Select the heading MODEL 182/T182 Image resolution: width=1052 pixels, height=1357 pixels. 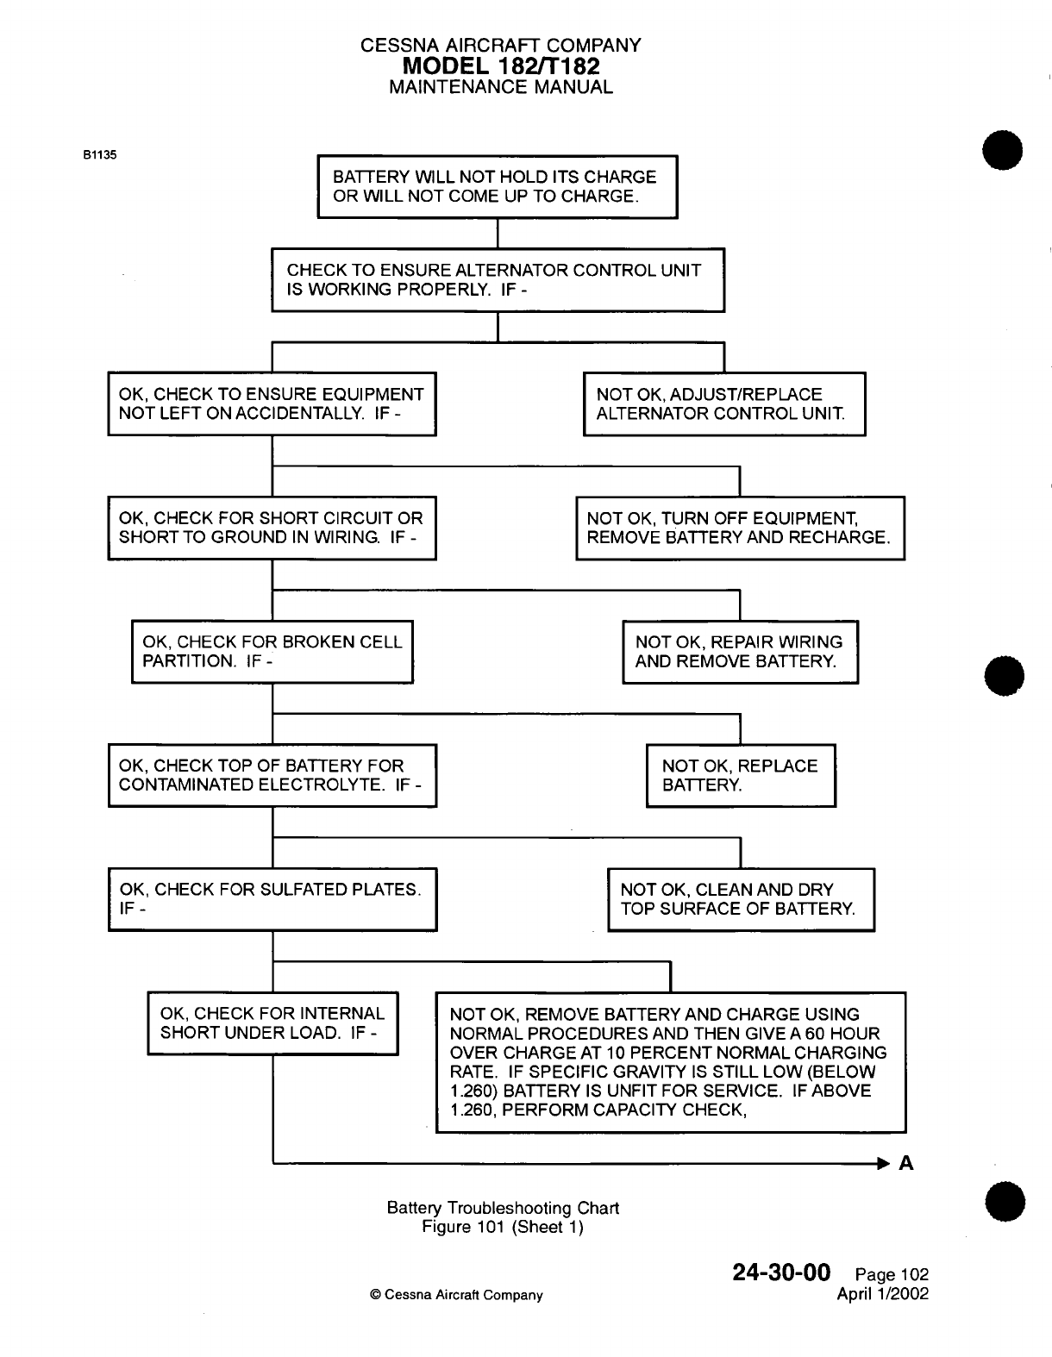[500, 66]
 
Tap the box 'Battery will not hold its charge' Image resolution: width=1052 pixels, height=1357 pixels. [498, 187]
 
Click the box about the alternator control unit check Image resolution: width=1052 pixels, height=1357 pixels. [498, 280]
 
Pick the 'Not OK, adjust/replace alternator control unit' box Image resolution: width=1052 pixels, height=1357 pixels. [724, 404]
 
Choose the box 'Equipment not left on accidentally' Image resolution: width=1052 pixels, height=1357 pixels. [272, 404]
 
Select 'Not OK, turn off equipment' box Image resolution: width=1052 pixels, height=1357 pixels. [740, 528]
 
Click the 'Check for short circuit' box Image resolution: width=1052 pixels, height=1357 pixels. [272, 528]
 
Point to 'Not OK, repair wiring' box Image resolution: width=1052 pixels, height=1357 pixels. [740, 652]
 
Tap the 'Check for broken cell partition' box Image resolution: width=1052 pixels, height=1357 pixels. [272, 652]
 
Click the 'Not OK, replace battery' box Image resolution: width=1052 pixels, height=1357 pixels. [741, 776]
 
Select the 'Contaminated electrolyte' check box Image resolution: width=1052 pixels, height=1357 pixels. [272, 776]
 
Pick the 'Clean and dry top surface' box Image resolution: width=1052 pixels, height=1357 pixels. [741, 899]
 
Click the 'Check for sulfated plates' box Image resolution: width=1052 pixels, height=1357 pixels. [272, 899]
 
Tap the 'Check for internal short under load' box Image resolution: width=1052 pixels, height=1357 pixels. [272, 1023]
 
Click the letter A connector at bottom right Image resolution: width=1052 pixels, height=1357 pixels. [906, 1164]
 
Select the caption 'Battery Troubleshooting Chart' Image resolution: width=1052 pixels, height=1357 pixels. [503, 1208]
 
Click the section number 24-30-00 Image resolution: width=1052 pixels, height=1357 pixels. [780, 1273]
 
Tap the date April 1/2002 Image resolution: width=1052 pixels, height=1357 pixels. [882, 1294]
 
